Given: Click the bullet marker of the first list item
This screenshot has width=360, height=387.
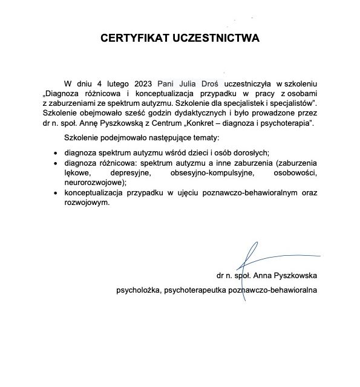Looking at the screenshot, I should tap(56, 152).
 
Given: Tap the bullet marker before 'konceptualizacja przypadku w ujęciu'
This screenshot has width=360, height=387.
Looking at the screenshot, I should tap(56, 193).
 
